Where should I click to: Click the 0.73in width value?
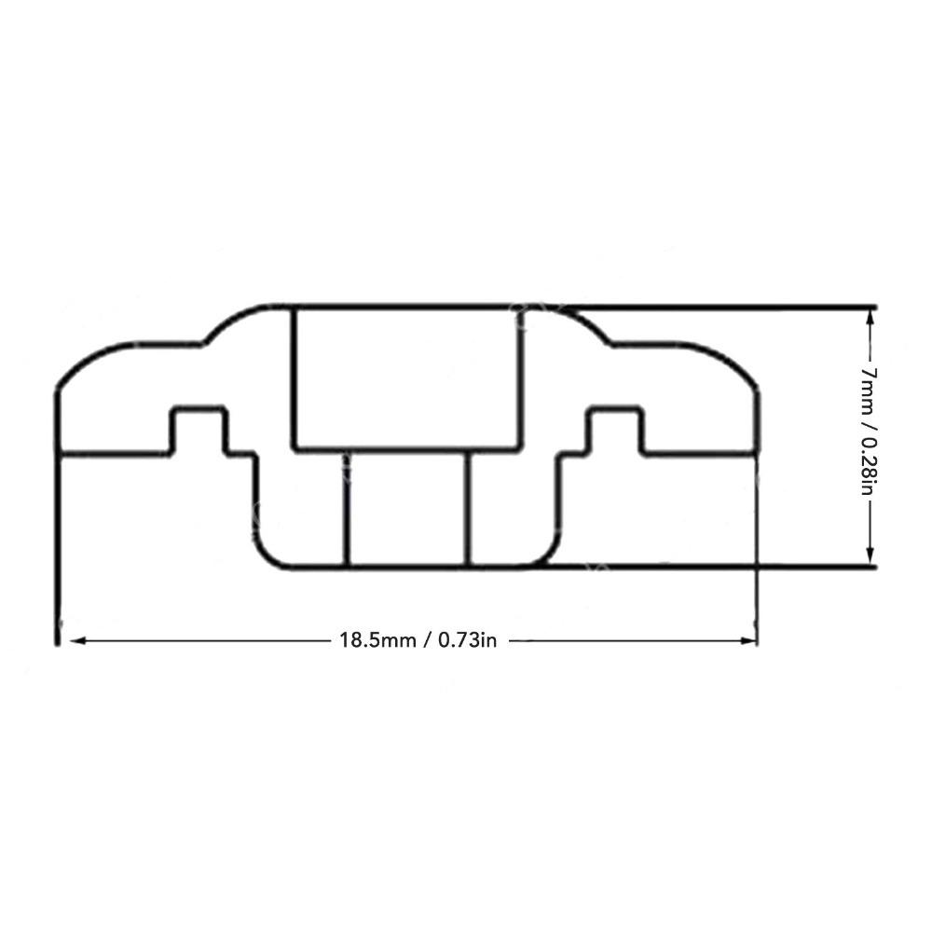click(467, 640)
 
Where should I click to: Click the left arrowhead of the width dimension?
click(77, 641)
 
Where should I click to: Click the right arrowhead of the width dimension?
click(749, 641)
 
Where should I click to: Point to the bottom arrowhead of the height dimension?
click(870, 555)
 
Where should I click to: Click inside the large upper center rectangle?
click(407, 378)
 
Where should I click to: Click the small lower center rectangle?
click(408, 509)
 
